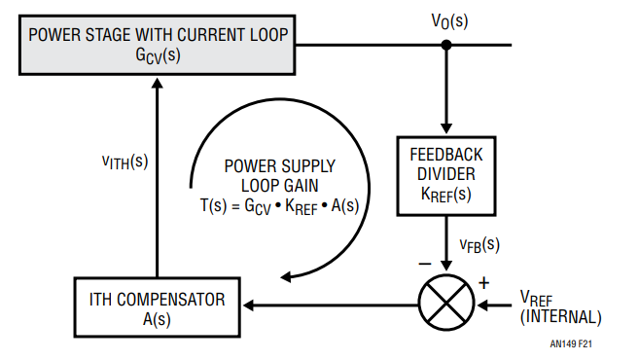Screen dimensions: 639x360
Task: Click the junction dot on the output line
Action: tap(446, 45)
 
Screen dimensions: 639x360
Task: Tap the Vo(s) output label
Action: tap(449, 21)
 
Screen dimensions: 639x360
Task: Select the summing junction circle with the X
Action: tap(446, 303)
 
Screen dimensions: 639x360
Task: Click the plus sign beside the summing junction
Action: tap(483, 283)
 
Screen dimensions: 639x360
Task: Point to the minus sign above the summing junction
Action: tap(425, 265)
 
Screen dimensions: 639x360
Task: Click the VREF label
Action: tap(536, 299)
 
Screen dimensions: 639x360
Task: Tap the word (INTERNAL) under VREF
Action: tap(561, 317)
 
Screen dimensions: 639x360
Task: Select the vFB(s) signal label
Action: tap(479, 244)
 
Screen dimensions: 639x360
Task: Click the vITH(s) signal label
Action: tap(124, 162)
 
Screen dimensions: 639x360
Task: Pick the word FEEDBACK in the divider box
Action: tap(446, 155)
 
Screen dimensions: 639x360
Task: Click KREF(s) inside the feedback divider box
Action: tap(446, 194)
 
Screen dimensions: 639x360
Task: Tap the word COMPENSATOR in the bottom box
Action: tap(171, 300)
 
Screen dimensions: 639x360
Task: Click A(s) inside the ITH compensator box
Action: tap(157, 319)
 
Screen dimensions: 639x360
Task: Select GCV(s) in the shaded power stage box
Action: tap(158, 55)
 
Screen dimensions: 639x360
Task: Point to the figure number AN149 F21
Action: tap(571, 344)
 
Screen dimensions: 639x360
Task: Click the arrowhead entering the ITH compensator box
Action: tap(249, 305)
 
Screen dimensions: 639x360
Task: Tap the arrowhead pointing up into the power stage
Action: tap(157, 83)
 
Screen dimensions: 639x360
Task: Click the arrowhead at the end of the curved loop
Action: tap(286, 277)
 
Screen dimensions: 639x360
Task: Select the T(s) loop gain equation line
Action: tap(279, 206)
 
